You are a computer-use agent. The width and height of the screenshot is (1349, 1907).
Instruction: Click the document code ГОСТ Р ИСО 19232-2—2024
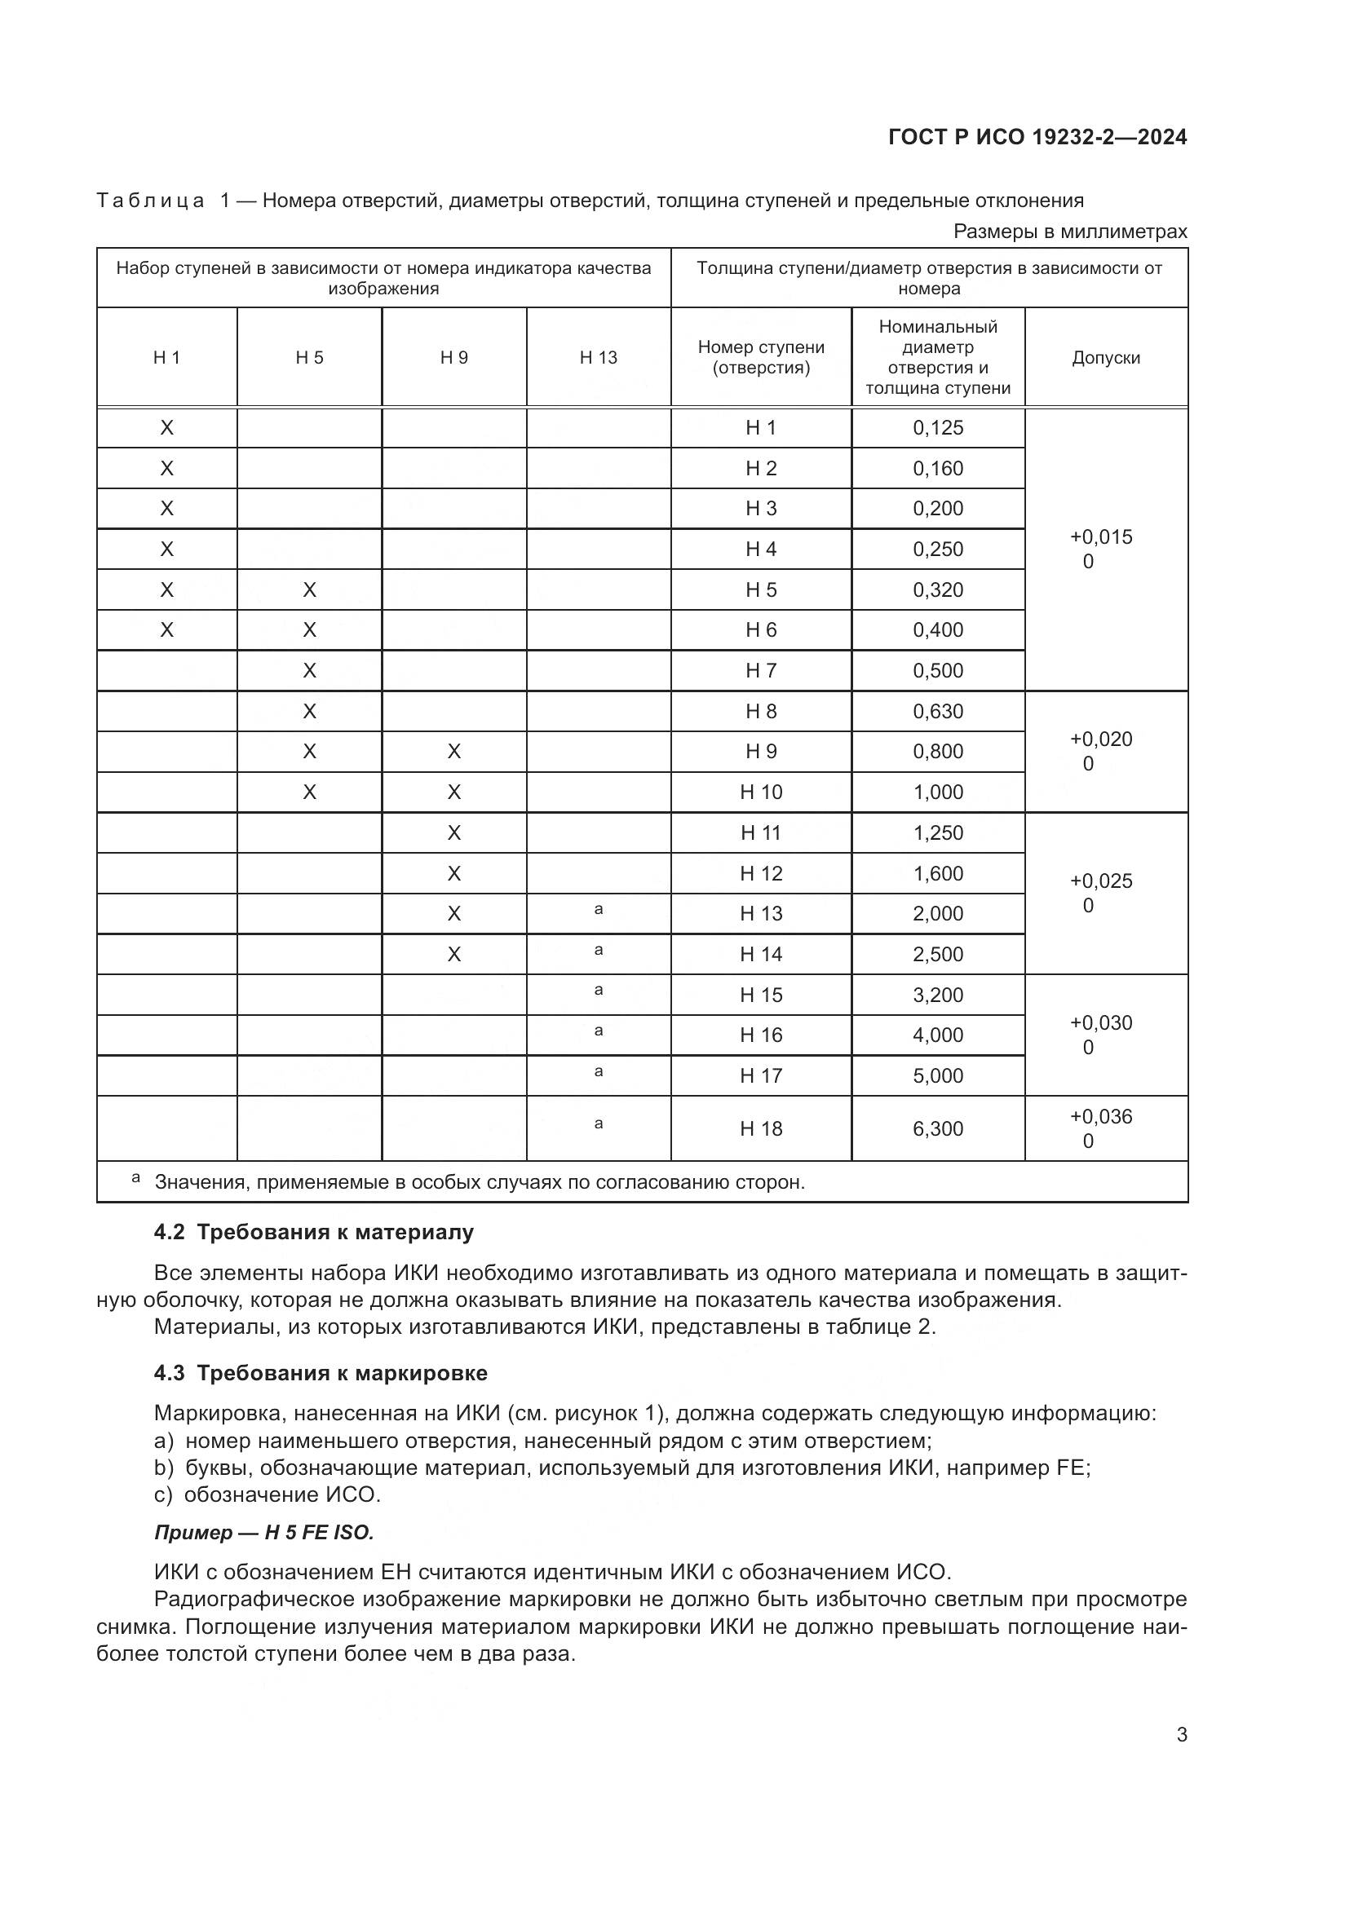point(1037,137)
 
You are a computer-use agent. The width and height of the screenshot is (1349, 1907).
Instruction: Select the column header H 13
point(598,357)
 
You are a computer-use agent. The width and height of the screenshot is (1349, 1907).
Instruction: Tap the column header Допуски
point(1105,357)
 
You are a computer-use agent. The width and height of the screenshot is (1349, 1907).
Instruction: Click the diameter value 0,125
point(938,428)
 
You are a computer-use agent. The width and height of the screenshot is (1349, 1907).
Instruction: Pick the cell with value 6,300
point(938,1128)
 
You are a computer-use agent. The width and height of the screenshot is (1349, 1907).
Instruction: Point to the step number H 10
point(761,792)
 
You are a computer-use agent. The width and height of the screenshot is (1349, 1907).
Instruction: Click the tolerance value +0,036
point(1100,1116)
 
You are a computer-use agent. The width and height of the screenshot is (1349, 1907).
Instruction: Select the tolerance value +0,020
point(1100,739)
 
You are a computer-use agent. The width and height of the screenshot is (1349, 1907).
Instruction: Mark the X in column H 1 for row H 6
point(167,629)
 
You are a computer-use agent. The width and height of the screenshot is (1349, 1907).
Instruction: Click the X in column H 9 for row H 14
point(453,955)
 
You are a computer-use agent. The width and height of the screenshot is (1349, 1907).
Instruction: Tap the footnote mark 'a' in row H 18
point(598,1123)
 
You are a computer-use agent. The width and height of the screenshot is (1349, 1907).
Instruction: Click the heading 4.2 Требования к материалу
point(314,1232)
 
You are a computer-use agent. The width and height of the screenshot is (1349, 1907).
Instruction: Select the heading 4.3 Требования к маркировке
point(321,1373)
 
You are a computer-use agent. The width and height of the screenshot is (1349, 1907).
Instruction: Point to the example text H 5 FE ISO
point(319,1533)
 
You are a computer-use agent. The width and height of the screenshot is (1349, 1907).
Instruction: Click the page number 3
point(1181,1735)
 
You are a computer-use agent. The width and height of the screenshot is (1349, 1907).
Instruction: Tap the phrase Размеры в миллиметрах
point(1070,232)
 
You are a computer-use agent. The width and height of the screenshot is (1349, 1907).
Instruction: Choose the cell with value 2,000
point(938,914)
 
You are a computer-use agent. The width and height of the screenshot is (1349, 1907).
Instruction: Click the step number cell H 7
point(761,670)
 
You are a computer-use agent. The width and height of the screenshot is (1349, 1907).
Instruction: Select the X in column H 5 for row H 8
point(309,711)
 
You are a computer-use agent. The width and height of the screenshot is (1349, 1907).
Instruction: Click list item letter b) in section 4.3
point(163,1468)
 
